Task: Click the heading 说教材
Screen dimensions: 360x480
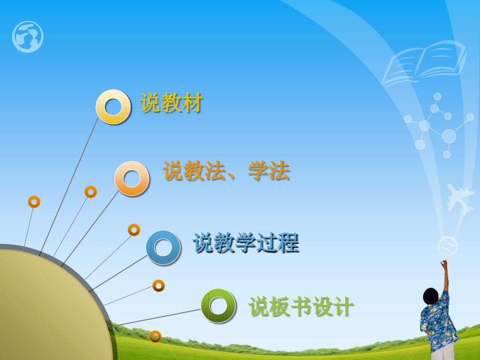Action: point(171,103)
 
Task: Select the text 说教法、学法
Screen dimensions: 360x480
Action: point(226,171)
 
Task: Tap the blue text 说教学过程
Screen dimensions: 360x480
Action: point(246,243)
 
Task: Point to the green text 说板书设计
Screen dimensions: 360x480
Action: point(301,307)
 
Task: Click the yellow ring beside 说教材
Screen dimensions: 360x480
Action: point(113,107)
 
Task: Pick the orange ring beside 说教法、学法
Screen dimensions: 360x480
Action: point(132,179)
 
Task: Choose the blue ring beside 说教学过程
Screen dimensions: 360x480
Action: point(163,247)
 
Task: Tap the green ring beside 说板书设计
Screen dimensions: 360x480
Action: point(219,306)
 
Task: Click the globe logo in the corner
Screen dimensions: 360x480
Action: point(28,37)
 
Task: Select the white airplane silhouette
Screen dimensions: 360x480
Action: point(459,198)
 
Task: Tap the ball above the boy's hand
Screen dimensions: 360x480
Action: point(447,245)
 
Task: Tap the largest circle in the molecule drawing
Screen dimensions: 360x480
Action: point(449,136)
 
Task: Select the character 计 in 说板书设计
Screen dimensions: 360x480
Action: point(343,307)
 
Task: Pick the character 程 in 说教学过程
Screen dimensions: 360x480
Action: point(288,243)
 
